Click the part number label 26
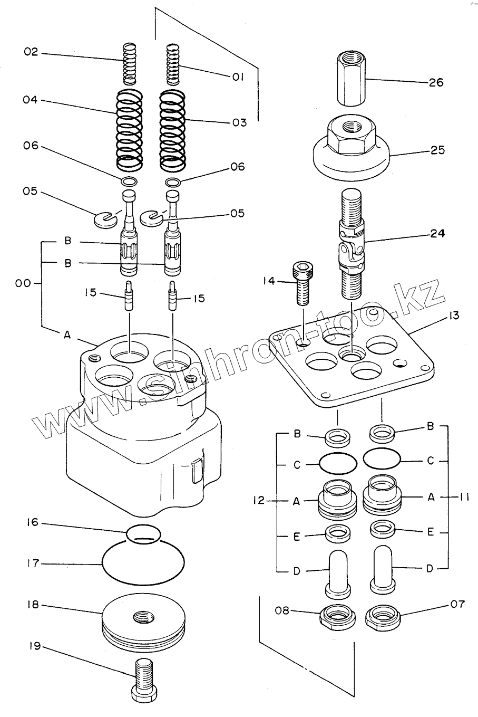pyautogui.click(x=436, y=82)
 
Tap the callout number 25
pyautogui.click(x=437, y=150)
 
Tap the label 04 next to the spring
pyautogui.click(x=31, y=100)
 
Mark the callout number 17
pyautogui.click(x=33, y=563)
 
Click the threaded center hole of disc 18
pyautogui.click(x=143, y=616)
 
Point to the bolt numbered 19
pyautogui.click(x=143, y=681)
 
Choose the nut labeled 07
pyautogui.click(x=383, y=616)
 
